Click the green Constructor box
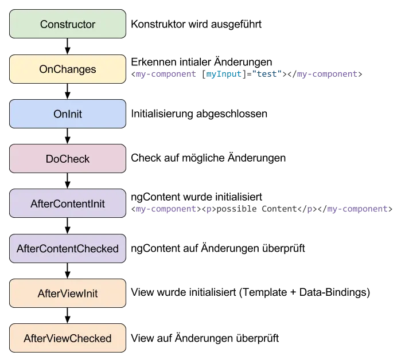(68, 24)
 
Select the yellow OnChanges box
(68, 69)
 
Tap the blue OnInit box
(68, 114)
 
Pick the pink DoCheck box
(68, 159)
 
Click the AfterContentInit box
(68, 204)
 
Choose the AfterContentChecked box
(68, 249)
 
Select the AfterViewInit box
(68, 294)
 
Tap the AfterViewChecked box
(68, 338)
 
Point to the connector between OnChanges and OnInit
(68, 92)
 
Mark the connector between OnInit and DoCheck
(68, 136)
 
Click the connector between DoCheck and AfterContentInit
(68, 181)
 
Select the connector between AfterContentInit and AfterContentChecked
(68, 226)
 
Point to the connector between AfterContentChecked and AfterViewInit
(68, 271)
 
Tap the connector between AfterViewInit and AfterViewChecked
(68, 316)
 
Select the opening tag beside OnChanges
(165, 75)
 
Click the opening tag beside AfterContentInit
(165, 209)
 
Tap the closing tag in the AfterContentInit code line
(359, 209)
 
